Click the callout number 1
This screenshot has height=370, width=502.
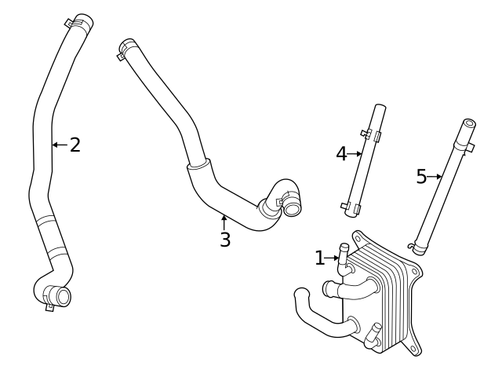tap(319, 257)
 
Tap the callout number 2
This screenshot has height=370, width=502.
tap(75, 145)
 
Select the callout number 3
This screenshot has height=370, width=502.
tap(225, 240)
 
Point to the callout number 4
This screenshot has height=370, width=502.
tap(341, 153)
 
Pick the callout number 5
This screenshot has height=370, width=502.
tap(421, 177)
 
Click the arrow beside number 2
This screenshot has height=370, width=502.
tap(60, 145)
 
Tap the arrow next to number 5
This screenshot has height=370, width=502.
tap(435, 177)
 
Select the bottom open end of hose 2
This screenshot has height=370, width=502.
tap(62, 297)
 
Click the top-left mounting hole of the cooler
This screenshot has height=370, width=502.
tap(359, 235)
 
